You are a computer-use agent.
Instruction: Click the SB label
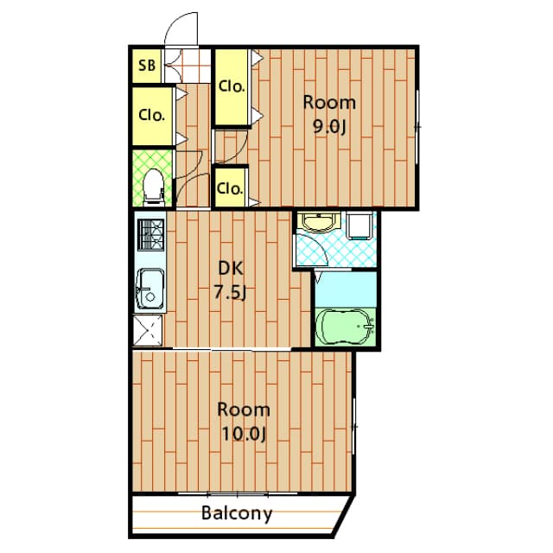147,66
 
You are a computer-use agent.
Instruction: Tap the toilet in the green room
154,187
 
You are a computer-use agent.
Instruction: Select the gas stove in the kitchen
151,234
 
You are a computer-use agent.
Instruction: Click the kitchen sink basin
150,289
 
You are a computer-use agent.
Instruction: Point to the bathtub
346,327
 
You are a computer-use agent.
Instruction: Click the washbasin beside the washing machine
319,221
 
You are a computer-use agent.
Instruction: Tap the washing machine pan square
359,226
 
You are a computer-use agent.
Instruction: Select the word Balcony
237,513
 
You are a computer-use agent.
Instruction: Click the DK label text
231,269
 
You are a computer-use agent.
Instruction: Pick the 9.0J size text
329,127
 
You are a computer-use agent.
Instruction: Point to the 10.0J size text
244,434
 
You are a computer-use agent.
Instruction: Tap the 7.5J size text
231,292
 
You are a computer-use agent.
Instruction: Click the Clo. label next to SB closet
152,115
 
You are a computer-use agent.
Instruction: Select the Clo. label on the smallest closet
230,188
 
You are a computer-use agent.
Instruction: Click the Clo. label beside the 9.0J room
232,86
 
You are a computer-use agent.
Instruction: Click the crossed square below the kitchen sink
148,330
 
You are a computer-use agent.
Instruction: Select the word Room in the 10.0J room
244,410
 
